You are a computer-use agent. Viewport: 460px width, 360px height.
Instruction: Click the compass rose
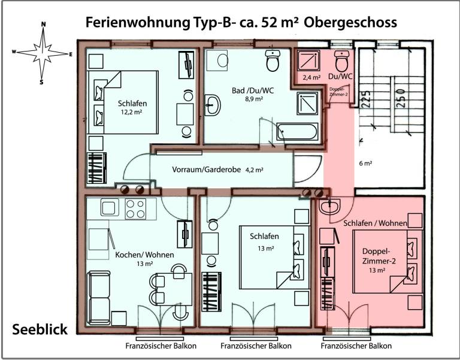(42, 52)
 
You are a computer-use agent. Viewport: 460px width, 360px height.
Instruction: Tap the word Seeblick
(40, 329)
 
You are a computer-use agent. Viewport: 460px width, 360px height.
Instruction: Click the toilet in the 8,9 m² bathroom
(274, 60)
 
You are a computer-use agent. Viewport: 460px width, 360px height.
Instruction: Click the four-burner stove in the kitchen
(136, 209)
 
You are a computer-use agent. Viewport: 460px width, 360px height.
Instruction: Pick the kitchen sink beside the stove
(110, 208)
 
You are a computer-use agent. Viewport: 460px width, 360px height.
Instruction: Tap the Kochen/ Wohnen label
(144, 255)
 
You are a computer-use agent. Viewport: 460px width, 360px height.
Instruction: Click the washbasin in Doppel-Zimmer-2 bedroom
(329, 207)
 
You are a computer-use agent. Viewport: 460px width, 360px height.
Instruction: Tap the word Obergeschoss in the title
(350, 22)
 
